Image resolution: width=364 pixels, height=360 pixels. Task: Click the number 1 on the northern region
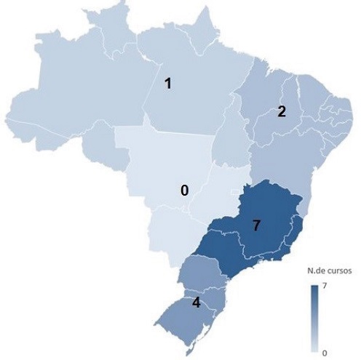(168, 83)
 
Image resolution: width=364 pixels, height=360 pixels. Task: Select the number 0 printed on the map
(185, 190)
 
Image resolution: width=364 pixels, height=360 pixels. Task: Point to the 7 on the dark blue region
(256, 225)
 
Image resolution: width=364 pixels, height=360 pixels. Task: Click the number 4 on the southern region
(196, 302)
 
